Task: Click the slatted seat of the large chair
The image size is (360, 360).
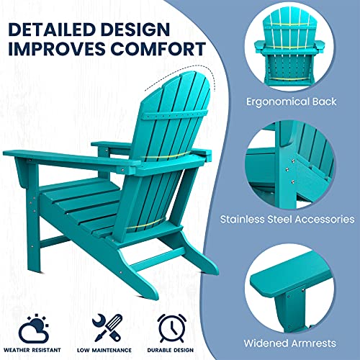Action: (79, 202)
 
